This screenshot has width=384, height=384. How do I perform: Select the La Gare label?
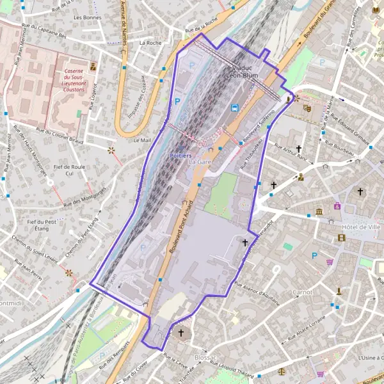coord(200,163)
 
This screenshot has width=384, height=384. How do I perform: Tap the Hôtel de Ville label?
coord(361,227)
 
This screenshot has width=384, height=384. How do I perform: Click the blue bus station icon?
coord(234,108)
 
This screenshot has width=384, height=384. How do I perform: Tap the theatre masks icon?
coord(307,109)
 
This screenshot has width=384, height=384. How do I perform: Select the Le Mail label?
coord(141,140)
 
